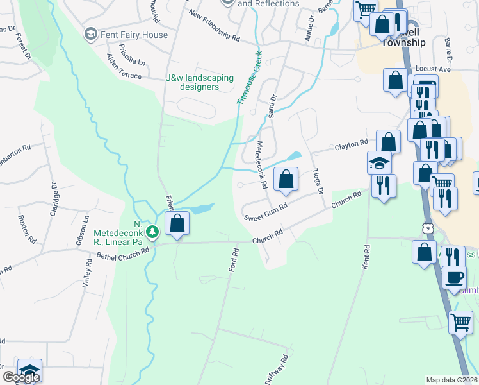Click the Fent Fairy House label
[133, 35]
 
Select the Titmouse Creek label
[249, 78]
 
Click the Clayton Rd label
[352, 145]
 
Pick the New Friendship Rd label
[214, 26]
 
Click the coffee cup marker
[454, 277]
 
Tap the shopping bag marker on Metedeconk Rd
[286, 178]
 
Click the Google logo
[20, 377]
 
